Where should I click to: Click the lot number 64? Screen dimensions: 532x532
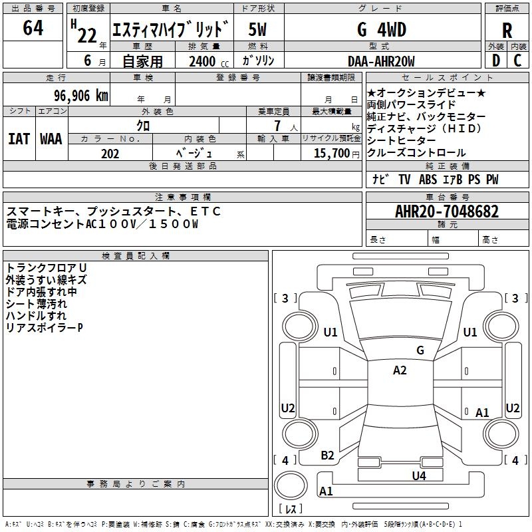click(x=33, y=28)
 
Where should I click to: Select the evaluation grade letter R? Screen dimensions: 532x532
click(x=507, y=31)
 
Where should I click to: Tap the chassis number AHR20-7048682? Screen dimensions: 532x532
click(x=447, y=212)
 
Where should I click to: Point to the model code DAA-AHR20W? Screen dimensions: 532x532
click(x=381, y=61)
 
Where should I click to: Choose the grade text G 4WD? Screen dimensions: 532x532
click(x=382, y=30)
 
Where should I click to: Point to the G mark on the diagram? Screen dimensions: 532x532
click(x=420, y=350)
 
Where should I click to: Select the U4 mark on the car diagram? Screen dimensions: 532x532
click(x=418, y=475)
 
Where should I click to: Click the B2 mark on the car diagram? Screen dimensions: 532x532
click(x=327, y=456)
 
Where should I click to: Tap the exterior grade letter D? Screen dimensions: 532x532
click(x=495, y=61)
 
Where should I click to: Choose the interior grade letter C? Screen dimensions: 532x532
click(x=518, y=61)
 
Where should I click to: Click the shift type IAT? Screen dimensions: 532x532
click(x=19, y=139)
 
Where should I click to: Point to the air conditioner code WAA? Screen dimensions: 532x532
click(x=51, y=139)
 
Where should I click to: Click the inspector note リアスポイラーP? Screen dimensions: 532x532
click(x=44, y=328)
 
